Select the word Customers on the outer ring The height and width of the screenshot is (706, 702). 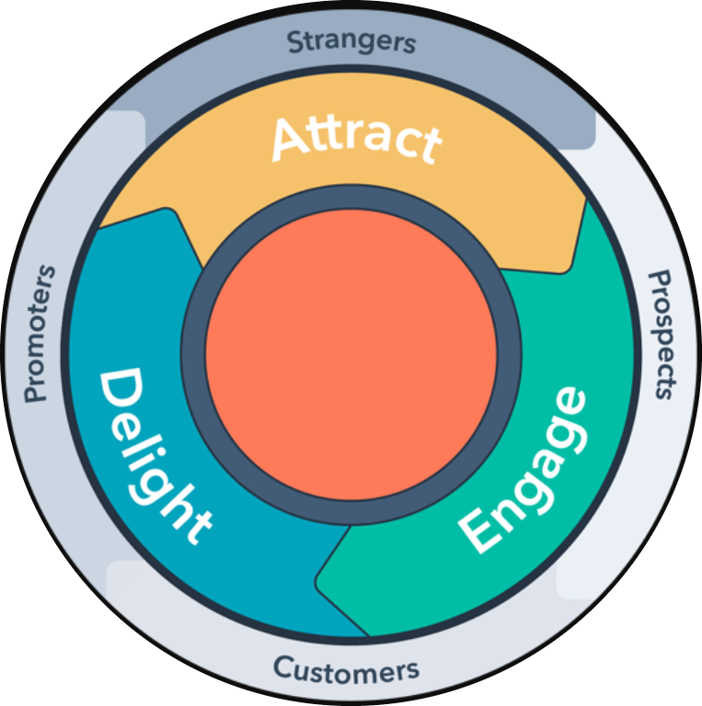(346, 669)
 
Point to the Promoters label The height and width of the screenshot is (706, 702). (39, 334)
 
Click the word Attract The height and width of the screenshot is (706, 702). (357, 140)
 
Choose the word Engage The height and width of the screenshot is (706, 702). (523, 470)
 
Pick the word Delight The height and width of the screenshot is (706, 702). (155, 456)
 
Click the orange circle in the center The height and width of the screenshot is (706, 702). (351, 355)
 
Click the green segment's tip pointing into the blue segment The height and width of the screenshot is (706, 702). (318, 580)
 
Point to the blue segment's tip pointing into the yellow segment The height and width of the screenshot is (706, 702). (168, 210)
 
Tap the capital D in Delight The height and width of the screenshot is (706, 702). (121, 391)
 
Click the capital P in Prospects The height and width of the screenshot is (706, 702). (660, 281)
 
